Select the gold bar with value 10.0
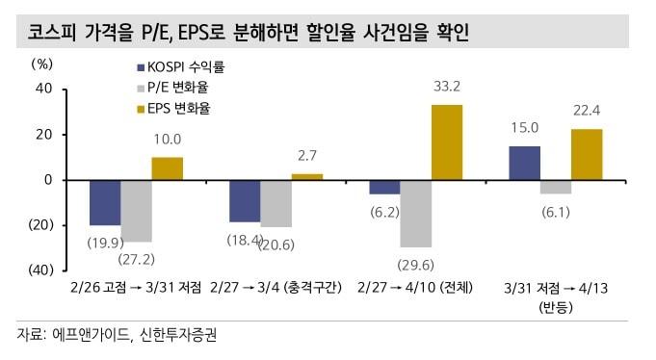pyautogui.click(x=167, y=168)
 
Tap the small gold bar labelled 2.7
pyautogui.click(x=306, y=176)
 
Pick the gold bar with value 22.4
pyautogui.click(x=587, y=154)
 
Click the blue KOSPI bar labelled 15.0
pyautogui.click(x=524, y=163)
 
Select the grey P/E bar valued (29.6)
pyautogui.click(x=415, y=213)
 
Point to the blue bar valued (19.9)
pyautogui.click(x=105, y=202)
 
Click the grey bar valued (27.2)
pyautogui.click(x=136, y=210)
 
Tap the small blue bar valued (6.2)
pyautogui.click(x=384, y=187)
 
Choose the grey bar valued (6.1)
pyautogui.click(x=556, y=187)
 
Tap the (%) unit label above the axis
pyautogui.click(x=42, y=64)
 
